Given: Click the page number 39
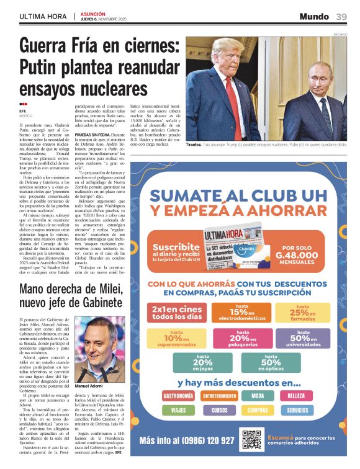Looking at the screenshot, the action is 341,16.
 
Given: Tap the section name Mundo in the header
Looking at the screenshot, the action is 314,16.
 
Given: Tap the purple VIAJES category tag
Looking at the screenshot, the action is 178,410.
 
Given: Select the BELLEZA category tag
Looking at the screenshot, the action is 297,395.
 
